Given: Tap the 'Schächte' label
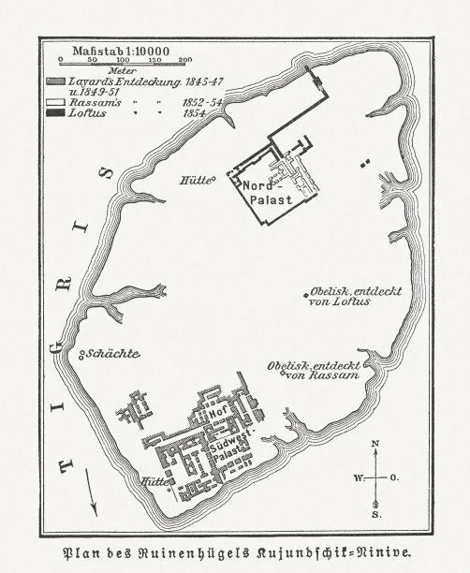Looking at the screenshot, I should [x=114, y=353].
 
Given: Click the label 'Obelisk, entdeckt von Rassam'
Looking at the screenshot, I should [x=314, y=370].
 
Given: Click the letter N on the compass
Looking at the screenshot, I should [x=375, y=442].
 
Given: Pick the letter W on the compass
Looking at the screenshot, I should [x=358, y=477].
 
